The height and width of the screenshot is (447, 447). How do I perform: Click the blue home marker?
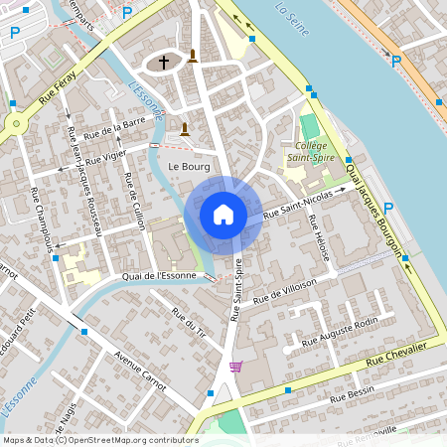click(223, 215)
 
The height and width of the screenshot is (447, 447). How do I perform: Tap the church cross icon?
click(165, 63)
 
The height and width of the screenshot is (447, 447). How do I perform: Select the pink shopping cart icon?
click(235, 367)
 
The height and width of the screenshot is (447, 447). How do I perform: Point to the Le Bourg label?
click(189, 166)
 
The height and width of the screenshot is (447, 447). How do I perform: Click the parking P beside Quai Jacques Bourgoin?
click(388, 208)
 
